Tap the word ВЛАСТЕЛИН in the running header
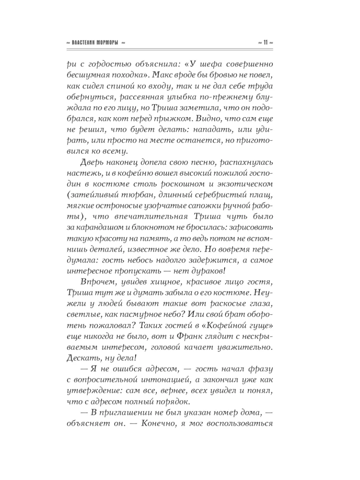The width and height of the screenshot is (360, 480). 83,43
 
